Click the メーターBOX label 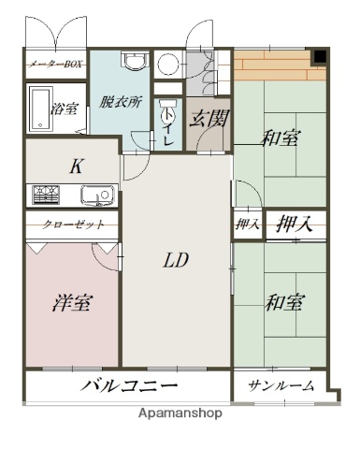(x=55, y=65)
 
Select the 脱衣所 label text (x=120, y=103)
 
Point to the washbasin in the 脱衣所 (x=137, y=62)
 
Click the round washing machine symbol (x=169, y=64)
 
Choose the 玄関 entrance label (x=205, y=119)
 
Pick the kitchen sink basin (x=95, y=196)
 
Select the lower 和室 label (x=285, y=303)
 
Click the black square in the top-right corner (x=320, y=57)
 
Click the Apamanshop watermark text (x=180, y=413)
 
